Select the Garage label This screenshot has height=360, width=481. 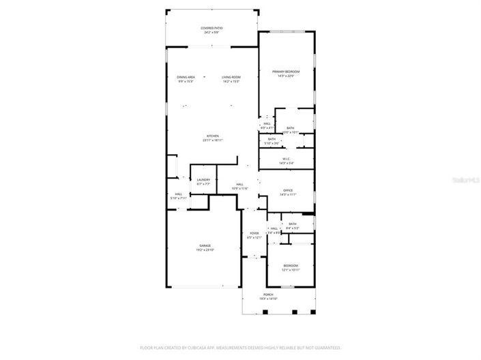tap(205, 245)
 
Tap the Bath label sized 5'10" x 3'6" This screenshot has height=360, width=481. tap(272, 140)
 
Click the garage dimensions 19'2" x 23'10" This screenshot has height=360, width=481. tap(205, 250)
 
